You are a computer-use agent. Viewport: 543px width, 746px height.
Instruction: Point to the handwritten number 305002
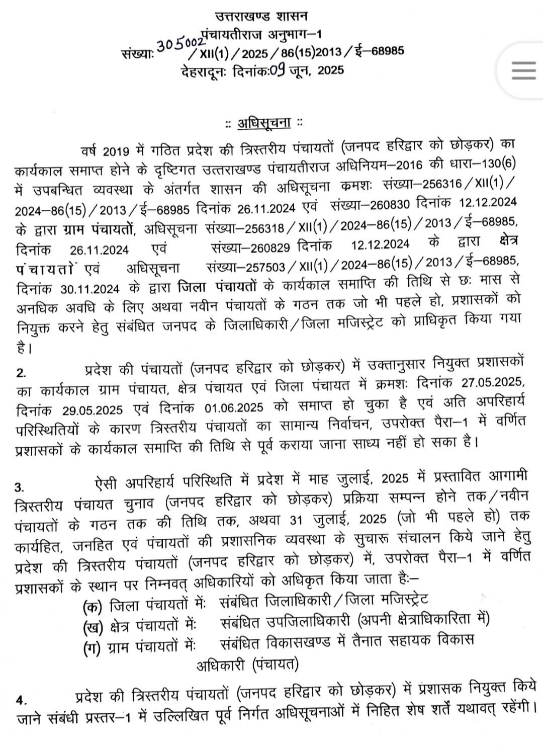(176, 45)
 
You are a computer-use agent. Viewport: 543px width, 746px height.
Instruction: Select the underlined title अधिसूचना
(264, 123)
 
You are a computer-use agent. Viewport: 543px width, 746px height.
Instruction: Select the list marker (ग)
(93, 647)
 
